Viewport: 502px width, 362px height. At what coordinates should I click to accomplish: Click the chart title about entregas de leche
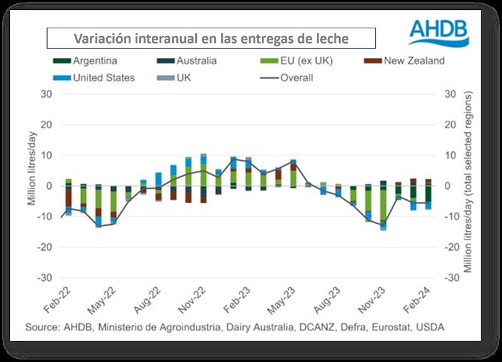tap(211, 38)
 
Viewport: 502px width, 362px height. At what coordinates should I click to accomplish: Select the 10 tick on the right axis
tap(448, 155)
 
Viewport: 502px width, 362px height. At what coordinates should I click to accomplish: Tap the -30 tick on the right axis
tap(451, 278)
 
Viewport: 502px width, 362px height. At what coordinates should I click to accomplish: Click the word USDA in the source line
tap(432, 327)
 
